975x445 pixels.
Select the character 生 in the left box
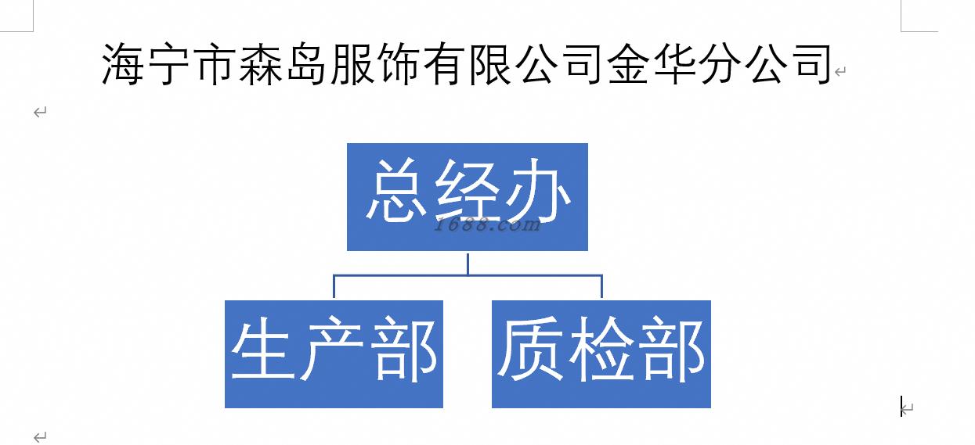coord(261,350)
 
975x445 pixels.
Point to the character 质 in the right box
coord(529,350)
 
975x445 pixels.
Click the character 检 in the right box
coord(601,350)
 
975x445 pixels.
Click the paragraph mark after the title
coord(840,72)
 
